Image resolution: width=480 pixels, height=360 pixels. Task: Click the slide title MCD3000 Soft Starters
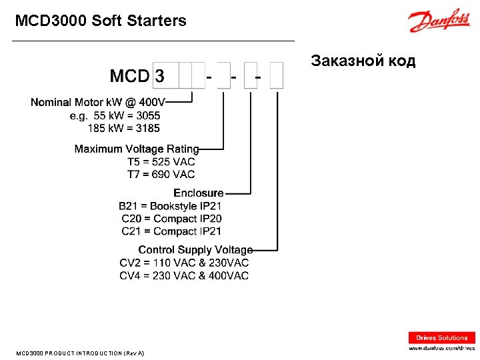click(101, 21)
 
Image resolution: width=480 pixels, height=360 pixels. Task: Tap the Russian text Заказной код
click(363, 61)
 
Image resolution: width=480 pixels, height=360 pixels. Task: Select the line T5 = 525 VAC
click(161, 162)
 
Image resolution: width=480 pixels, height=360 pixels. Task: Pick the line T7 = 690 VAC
click(161, 175)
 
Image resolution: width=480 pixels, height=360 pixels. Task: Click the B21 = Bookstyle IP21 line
click(170, 206)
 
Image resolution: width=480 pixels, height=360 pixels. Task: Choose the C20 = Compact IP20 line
click(171, 219)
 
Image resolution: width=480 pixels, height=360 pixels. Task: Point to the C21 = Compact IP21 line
click(171, 231)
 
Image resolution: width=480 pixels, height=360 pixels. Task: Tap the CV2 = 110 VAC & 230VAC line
click(184, 263)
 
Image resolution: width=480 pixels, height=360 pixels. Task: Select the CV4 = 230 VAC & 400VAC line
click(184, 275)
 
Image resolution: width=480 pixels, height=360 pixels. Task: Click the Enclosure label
click(199, 193)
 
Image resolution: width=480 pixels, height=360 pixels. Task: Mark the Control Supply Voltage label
click(195, 250)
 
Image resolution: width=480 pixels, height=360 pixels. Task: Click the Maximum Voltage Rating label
click(137, 149)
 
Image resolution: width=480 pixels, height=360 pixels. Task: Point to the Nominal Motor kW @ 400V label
click(98, 102)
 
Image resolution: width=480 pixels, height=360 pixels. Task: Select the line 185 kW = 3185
click(124, 128)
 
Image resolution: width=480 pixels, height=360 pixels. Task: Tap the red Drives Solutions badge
click(442, 338)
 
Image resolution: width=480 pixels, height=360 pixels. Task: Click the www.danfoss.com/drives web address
click(442, 348)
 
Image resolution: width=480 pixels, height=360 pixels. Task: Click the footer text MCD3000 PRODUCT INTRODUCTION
click(79, 353)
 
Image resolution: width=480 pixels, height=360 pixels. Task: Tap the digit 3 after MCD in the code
click(159, 76)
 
